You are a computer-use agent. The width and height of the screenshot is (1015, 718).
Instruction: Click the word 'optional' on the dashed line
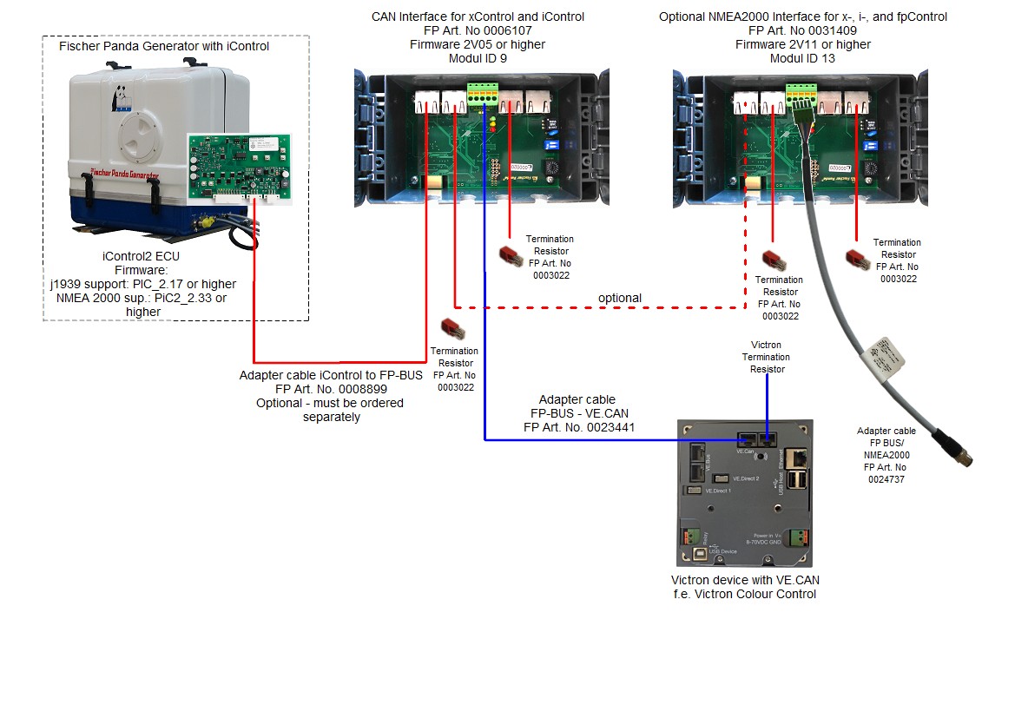619,298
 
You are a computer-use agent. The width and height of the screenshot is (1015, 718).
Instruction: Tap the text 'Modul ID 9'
478,58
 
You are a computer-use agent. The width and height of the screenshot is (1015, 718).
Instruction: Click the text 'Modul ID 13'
802,58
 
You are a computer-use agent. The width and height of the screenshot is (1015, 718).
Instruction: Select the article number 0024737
886,478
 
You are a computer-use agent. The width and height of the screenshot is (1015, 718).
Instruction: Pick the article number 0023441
617,427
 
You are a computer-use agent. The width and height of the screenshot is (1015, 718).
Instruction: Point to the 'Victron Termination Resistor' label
766,357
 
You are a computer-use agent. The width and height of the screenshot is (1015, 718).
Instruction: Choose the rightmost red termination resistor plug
858,256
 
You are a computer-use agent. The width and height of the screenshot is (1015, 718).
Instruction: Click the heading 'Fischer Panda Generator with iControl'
164,46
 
